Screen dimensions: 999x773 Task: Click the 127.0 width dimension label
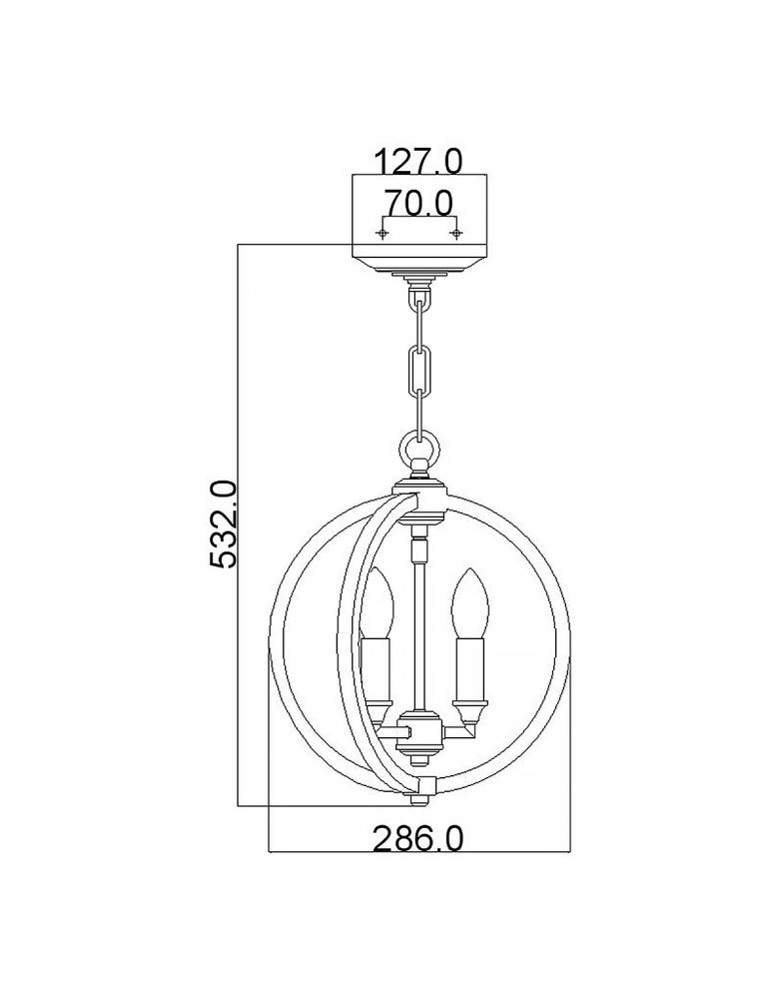tap(418, 160)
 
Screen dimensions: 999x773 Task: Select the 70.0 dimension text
tap(418, 204)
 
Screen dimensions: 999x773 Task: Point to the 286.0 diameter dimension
tap(418, 839)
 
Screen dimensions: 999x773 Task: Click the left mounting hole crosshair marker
tap(381, 233)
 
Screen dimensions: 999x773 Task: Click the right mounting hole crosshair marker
tap(456, 233)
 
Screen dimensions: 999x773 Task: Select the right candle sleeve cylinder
tap(465, 667)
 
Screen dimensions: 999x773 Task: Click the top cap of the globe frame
tap(419, 489)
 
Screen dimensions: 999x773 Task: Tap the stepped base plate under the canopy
tap(419, 273)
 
